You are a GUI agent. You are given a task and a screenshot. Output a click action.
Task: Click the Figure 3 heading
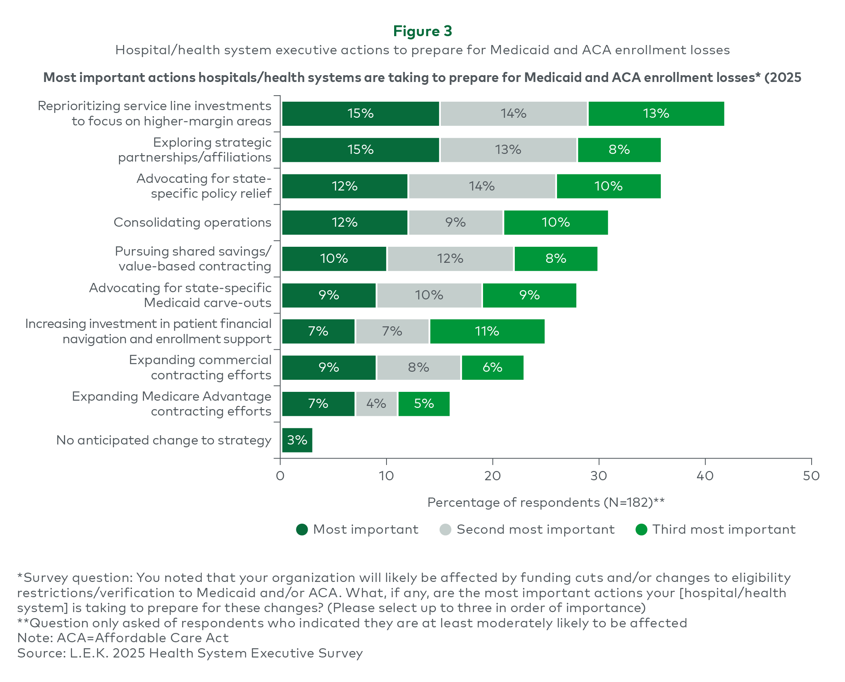422,31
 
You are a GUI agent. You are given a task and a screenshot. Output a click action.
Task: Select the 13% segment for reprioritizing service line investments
656,114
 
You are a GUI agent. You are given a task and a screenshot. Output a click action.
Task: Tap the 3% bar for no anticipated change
297,440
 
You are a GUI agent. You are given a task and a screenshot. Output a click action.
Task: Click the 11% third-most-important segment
487,332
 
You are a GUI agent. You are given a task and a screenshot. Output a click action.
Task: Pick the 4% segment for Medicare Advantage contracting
376,404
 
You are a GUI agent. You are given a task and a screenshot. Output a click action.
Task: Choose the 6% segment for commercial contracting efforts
492,368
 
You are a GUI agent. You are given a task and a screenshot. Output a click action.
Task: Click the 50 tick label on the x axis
811,476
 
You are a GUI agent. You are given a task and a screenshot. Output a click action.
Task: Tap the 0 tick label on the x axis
280,476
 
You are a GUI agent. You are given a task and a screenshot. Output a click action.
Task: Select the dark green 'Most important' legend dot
302,530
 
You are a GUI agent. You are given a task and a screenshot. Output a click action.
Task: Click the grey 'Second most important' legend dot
446,530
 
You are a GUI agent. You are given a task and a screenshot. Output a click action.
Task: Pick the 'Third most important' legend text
724,530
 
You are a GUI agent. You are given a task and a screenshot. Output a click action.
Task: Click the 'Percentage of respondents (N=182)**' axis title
546,502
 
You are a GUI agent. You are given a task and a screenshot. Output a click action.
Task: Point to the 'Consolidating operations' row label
192,222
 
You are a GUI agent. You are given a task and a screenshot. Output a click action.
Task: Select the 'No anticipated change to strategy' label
164,440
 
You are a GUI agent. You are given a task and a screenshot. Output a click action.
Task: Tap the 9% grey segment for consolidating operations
455,223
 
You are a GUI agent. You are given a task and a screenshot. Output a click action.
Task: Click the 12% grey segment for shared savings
450,259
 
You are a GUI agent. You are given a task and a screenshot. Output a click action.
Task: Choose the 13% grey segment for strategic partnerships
508,150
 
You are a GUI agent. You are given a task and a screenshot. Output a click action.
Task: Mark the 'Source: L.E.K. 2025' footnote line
190,653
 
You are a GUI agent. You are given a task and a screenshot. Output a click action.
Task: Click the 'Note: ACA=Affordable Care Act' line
123,638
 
